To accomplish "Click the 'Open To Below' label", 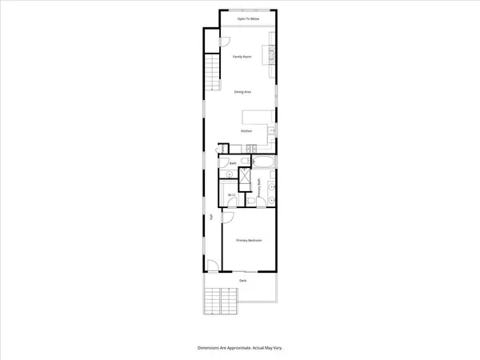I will pyautogui.click(x=249, y=19).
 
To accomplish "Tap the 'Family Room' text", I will pyautogui.click(x=242, y=58).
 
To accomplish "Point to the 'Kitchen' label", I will pyautogui.click(x=247, y=130).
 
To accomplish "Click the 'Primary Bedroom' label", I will pyautogui.click(x=249, y=240).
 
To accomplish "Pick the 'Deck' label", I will pyautogui.click(x=243, y=281).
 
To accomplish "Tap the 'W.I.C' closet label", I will pyautogui.click(x=231, y=194).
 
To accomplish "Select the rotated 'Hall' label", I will pyautogui.click(x=212, y=217).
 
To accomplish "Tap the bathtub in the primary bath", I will pyautogui.click(x=265, y=162).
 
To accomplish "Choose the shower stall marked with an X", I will pyautogui.click(x=248, y=179).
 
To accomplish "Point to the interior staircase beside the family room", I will pyautogui.click(x=213, y=73).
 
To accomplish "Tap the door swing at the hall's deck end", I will pyautogui.click(x=212, y=266).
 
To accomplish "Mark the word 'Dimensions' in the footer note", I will pyautogui.click(x=210, y=348).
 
